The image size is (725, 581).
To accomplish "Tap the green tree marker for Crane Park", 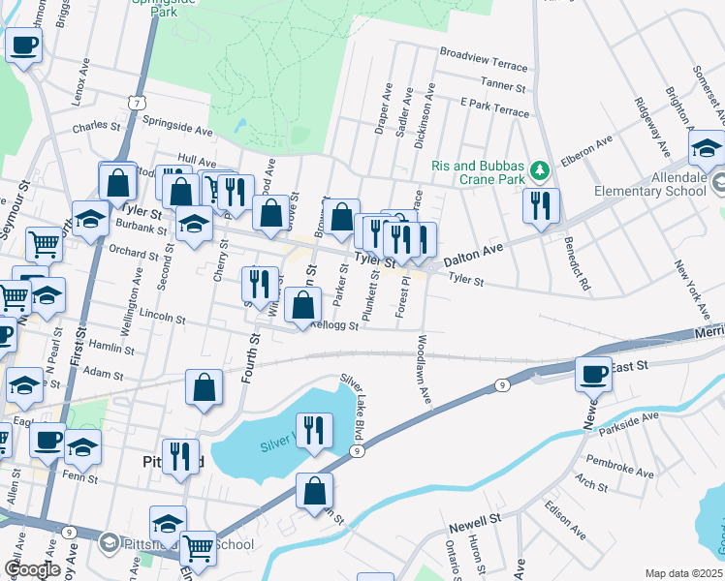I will (x=541, y=172).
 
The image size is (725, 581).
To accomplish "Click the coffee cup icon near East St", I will (x=593, y=373).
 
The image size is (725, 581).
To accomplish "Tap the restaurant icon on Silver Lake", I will (x=314, y=430).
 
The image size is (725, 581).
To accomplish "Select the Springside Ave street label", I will (x=177, y=126).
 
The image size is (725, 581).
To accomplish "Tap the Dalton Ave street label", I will (x=474, y=256).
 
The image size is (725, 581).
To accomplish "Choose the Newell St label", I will (x=474, y=524).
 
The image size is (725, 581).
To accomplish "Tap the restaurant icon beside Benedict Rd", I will (x=540, y=205).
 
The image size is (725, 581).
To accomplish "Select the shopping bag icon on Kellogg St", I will (x=304, y=305).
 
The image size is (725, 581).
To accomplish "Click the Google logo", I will (x=31, y=569).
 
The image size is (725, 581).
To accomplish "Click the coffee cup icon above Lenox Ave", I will (x=23, y=44).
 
